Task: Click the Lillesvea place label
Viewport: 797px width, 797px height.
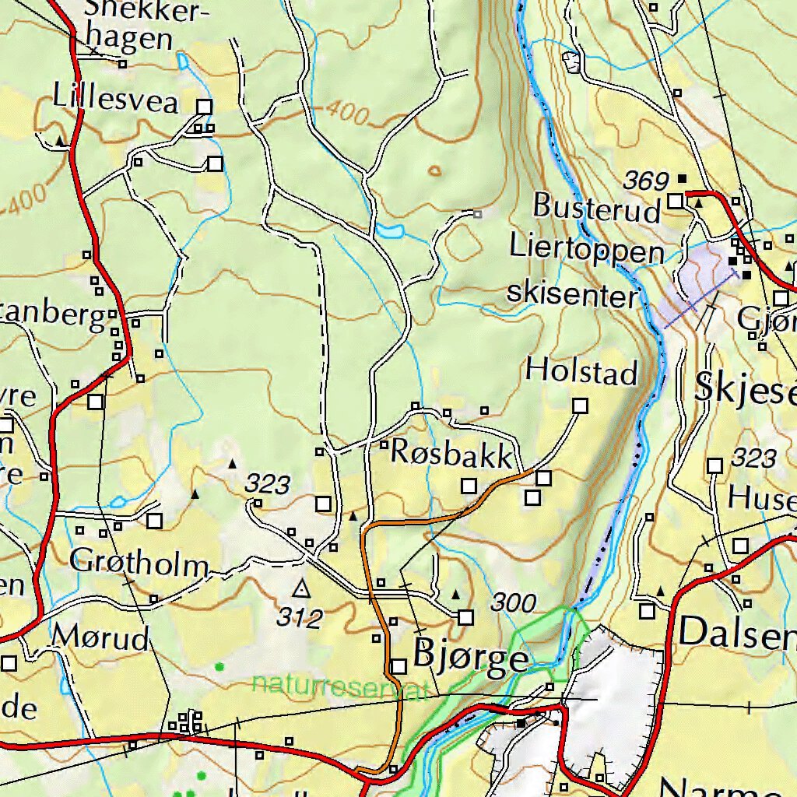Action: [115, 101]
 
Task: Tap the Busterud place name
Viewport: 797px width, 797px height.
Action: [597, 207]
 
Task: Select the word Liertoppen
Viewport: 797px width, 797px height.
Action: [588, 251]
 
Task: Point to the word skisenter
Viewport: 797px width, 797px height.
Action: [572, 293]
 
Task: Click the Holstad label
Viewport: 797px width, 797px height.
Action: [581, 371]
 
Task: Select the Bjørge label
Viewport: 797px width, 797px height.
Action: [471, 658]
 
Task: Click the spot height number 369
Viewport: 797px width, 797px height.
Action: [646, 181]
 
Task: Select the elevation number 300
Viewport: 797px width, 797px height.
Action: [514, 602]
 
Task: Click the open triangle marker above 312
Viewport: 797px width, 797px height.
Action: [301, 588]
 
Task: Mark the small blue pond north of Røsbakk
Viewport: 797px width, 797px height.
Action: [389, 230]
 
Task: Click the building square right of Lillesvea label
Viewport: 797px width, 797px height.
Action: [205, 107]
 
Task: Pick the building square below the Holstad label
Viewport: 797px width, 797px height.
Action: [580, 406]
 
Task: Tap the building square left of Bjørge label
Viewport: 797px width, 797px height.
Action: [398, 667]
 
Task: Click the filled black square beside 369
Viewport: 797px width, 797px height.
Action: [683, 178]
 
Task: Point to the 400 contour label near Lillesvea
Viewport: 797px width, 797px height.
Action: [347, 114]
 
